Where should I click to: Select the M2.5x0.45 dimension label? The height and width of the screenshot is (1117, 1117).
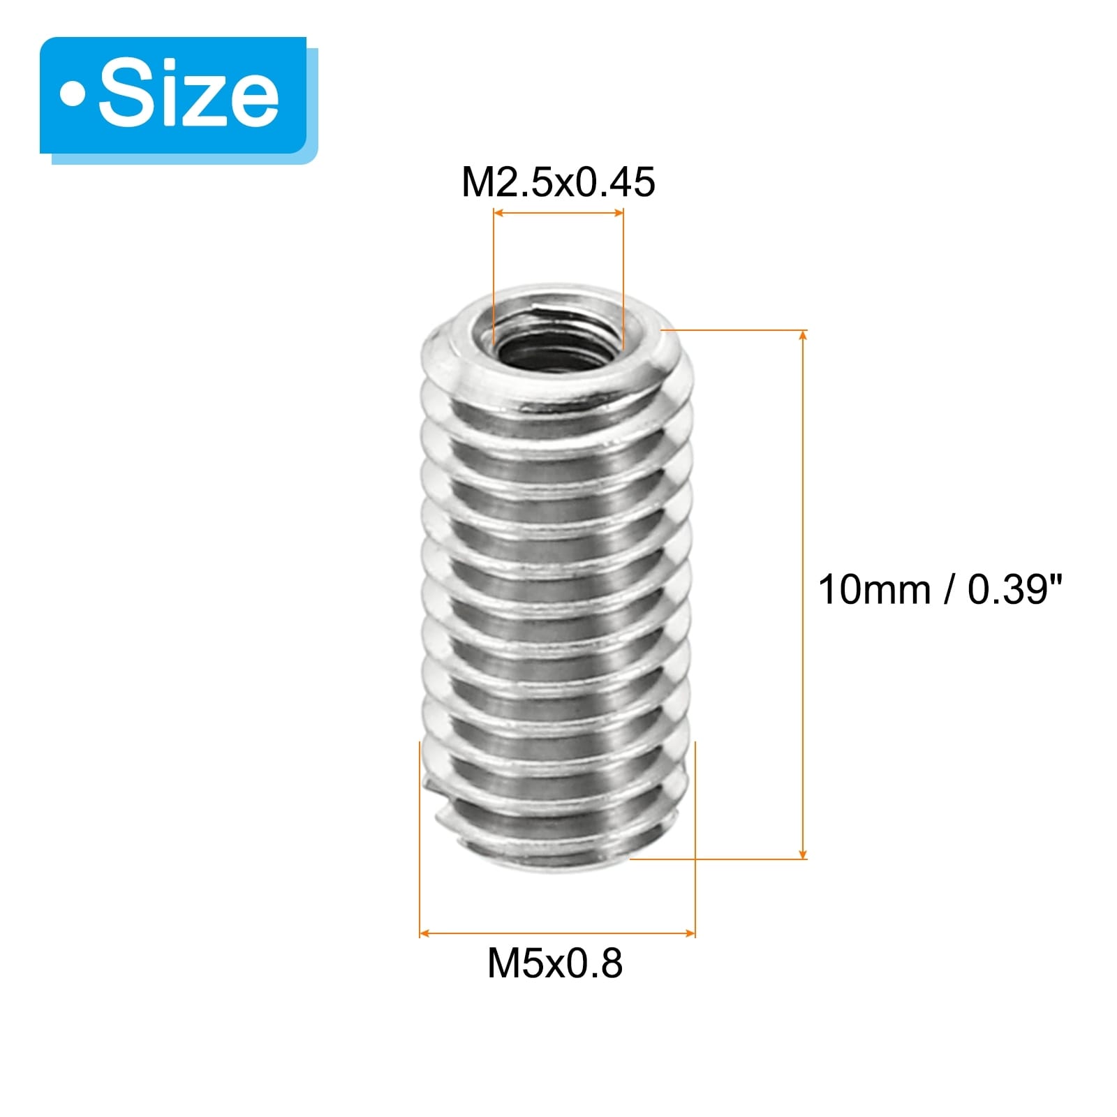[558, 182]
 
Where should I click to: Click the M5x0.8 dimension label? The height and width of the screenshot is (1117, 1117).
[555, 963]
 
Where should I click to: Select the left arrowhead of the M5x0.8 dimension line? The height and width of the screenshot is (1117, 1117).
[424, 933]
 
